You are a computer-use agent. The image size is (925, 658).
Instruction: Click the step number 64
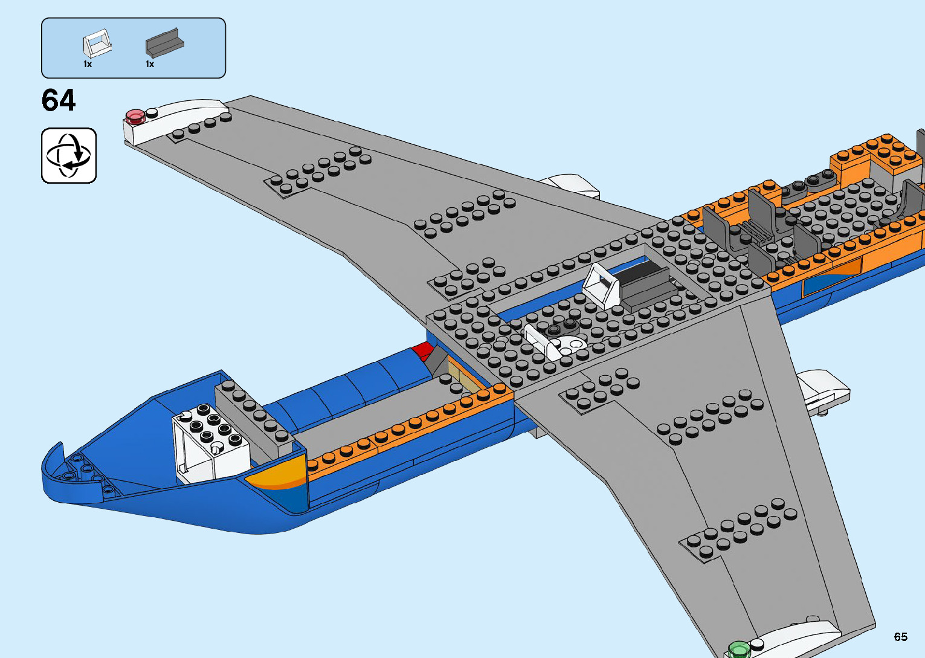click(59, 100)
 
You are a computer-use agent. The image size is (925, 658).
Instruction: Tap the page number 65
click(900, 637)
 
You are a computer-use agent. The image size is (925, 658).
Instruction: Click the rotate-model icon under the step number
click(69, 155)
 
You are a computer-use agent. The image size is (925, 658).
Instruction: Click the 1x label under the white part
click(88, 64)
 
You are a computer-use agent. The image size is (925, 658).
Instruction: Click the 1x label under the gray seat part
click(150, 64)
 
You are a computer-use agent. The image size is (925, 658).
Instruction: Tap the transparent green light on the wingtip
click(738, 649)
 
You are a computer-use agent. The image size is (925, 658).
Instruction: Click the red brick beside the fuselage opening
click(423, 350)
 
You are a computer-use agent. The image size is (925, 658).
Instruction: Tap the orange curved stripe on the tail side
click(278, 474)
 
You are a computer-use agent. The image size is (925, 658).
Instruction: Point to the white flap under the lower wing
click(822, 387)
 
